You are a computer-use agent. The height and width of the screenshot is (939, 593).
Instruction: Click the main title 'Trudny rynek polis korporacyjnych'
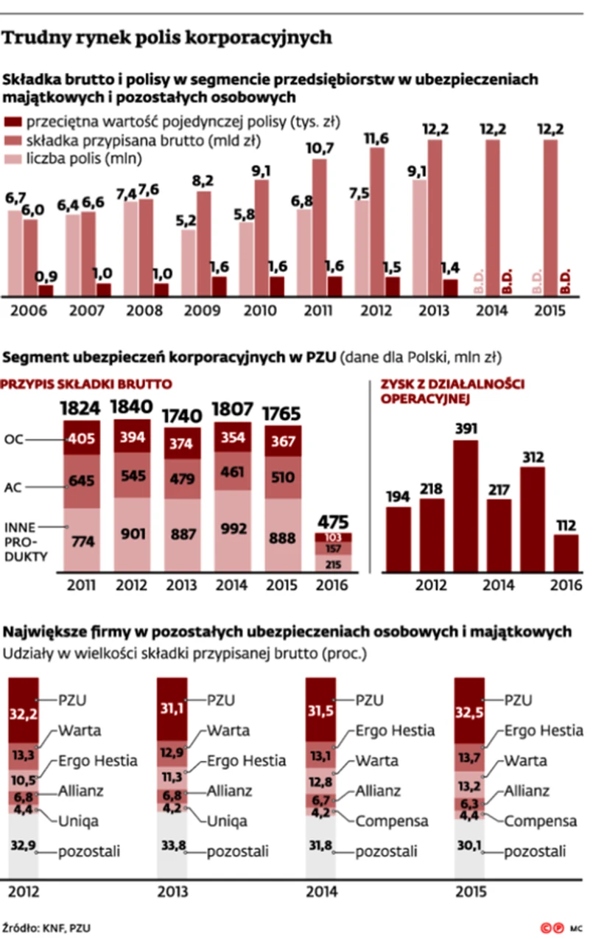(x=168, y=37)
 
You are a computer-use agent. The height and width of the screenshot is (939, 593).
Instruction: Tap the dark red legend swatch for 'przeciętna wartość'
(x=14, y=122)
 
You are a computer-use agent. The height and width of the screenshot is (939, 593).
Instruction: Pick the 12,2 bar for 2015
(x=550, y=217)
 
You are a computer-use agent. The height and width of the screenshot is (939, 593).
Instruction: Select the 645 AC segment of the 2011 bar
(x=81, y=481)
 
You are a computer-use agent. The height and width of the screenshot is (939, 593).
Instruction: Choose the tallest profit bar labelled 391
(x=464, y=506)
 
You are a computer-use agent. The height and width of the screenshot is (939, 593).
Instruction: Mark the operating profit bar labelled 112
(x=567, y=553)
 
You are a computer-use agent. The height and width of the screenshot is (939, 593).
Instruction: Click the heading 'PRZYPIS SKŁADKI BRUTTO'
(x=88, y=383)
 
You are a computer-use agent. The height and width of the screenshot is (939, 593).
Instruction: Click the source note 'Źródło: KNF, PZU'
(x=50, y=926)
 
